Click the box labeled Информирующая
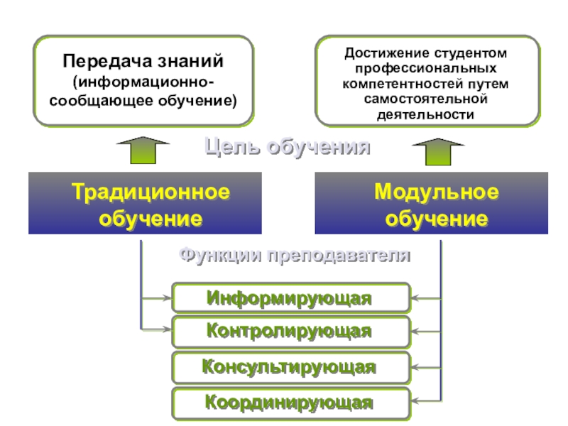tap(291, 298)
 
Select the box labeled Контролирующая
tap(291, 332)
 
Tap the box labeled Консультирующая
tap(291, 367)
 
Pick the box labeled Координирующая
tap(291, 403)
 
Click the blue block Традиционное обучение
tap(145, 203)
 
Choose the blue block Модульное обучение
tap(432, 203)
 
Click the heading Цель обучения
tap(288, 148)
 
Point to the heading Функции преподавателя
tap(295, 256)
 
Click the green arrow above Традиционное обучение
tap(143, 150)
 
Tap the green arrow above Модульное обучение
tap(438, 151)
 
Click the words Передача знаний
tap(143, 61)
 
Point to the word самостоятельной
tap(425, 99)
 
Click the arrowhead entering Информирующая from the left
tap(168, 298)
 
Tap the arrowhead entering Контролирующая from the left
tap(168, 329)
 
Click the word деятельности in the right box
tap(425, 115)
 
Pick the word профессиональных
tap(425, 69)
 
